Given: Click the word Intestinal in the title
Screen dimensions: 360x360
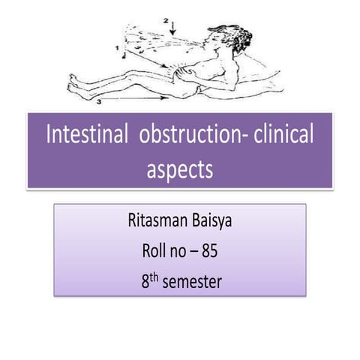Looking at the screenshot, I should pyautogui.click(x=86, y=137).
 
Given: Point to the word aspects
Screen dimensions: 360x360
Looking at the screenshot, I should pyautogui.click(x=180, y=169).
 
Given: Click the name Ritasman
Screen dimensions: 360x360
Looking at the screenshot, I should pyautogui.click(x=154, y=223).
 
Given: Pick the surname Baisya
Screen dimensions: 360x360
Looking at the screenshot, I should pyautogui.click(x=217, y=223).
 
